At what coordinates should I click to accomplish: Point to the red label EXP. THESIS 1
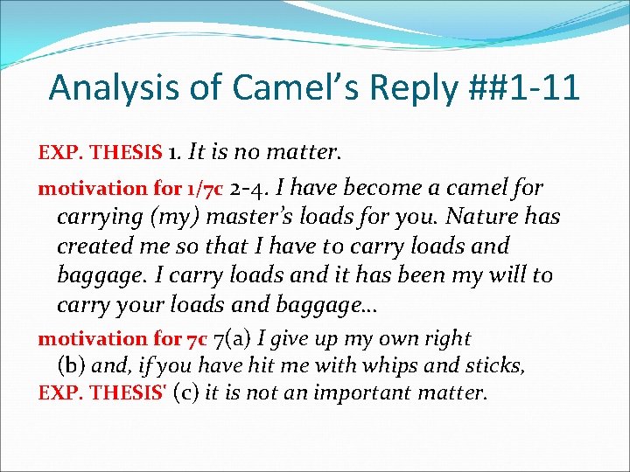tap(100, 153)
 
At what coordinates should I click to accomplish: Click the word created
tap(93, 246)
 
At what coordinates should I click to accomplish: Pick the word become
tap(390, 187)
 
